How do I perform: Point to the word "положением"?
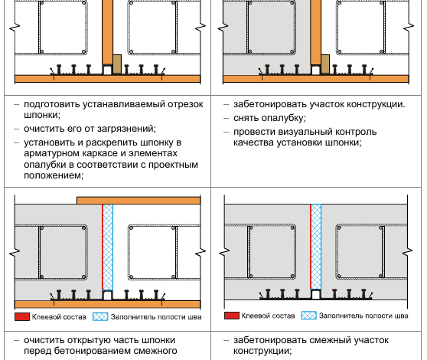(x=54, y=175)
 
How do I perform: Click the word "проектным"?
(x=173, y=165)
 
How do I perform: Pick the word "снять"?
(x=246, y=118)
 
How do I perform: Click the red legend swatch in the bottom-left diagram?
(x=22, y=316)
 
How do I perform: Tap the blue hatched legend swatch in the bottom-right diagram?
(x=309, y=316)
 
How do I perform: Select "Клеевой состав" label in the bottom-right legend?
(x=268, y=316)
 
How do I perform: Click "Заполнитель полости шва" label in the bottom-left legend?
(x=156, y=317)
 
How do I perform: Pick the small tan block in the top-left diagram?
(x=117, y=64)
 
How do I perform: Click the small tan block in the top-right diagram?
(x=325, y=64)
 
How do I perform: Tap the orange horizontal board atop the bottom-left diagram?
(x=139, y=201)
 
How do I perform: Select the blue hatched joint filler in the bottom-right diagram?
(x=316, y=247)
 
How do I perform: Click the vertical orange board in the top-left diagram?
(x=108, y=32)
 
